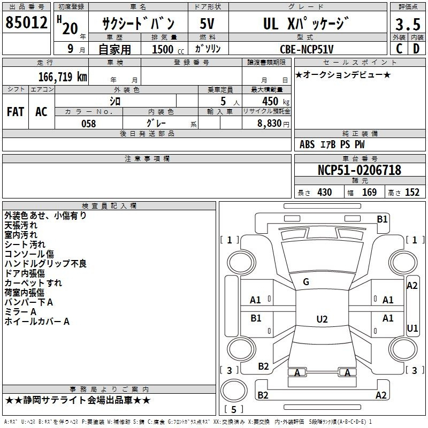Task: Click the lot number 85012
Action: point(26,22)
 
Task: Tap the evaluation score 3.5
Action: point(408,24)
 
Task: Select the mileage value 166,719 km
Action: point(63,77)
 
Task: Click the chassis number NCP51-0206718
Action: point(360,170)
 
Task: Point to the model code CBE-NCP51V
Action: point(307,49)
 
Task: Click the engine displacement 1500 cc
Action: point(168,49)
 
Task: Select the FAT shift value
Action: point(16,112)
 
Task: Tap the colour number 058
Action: point(89,124)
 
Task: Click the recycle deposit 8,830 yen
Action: point(273,124)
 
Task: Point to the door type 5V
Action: point(207,24)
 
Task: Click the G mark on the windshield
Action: point(306,282)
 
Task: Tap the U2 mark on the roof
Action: point(322,319)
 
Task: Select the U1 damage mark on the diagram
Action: point(412,328)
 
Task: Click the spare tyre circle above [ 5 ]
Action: point(234,391)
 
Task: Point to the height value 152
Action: point(412,192)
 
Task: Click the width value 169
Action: point(369,192)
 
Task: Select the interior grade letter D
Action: point(416,49)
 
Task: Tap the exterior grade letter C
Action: point(399,49)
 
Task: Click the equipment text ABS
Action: point(307,144)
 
